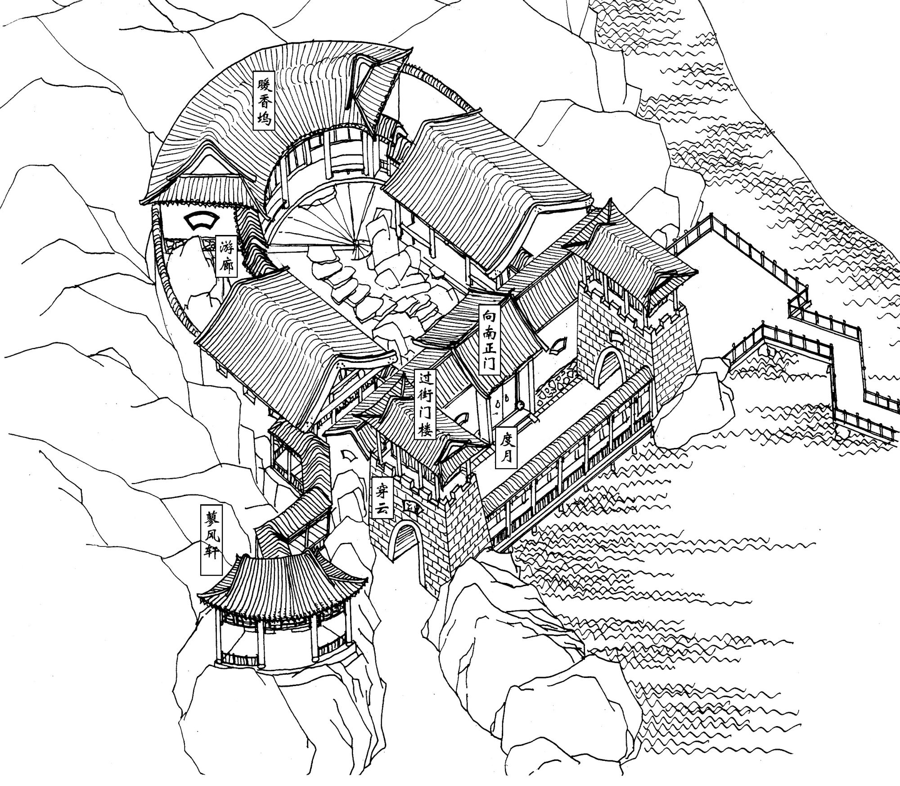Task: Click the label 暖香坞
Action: pos(263,100)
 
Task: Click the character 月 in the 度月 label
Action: pos(504,457)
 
